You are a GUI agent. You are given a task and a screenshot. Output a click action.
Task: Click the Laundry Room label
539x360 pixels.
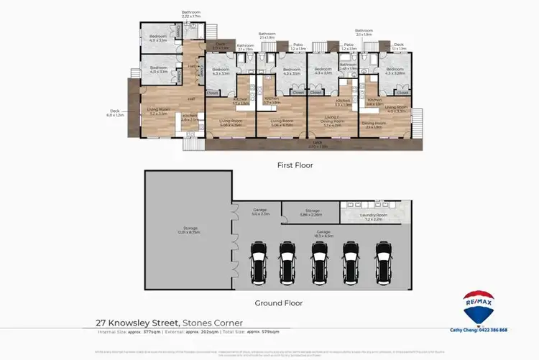tap(377, 216)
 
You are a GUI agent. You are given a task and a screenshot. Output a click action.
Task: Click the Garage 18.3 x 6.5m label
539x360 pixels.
tap(323, 234)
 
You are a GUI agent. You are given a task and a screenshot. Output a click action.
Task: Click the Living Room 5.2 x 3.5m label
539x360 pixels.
tap(157, 112)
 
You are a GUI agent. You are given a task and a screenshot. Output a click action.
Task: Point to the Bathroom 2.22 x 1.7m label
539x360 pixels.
tap(191, 14)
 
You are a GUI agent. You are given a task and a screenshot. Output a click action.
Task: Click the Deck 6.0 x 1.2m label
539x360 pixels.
tap(115, 114)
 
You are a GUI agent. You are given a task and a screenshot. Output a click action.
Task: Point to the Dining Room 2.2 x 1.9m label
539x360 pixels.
tap(372, 126)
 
